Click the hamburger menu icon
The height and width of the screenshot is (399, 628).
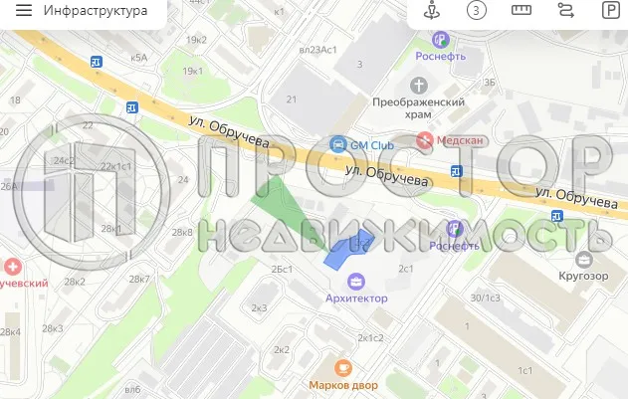tap(24, 11)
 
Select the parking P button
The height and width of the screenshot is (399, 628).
tap(609, 11)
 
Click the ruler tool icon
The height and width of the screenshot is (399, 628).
tap(522, 11)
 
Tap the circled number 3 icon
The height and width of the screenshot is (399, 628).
tap(478, 11)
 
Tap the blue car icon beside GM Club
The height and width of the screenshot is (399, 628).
tap(338, 144)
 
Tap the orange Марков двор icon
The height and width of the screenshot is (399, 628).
tap(343, 367)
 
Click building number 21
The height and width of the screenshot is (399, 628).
tap(292, 100)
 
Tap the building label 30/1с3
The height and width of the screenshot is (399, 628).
tap(487, 297)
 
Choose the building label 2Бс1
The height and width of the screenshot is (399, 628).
tap(282, 270)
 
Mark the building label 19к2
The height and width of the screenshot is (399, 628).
tap(195, 39)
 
